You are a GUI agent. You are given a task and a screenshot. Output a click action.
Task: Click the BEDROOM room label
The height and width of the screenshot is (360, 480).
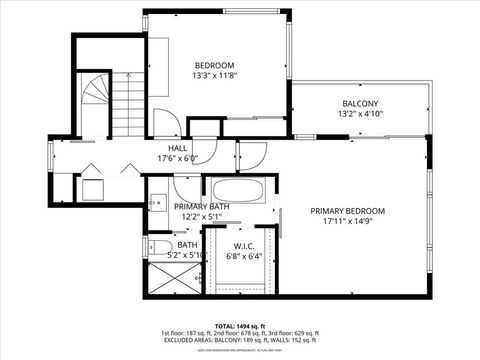pyautogui.click(x=214, y=65)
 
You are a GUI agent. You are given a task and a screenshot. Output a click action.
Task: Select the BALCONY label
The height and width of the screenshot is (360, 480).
pyautogui.click(x=360, y=103)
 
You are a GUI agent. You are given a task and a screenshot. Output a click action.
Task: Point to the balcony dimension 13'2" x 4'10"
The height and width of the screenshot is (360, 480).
pyautogui.click(x=360, y=114)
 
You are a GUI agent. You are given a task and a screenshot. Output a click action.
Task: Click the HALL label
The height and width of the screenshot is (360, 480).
pyautogui.click(x=178, y=148)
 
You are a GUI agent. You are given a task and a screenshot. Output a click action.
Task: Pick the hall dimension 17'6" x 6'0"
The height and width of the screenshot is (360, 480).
pyautogui.click(x=178, y=158)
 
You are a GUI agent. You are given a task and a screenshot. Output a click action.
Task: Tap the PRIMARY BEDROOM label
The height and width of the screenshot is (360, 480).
pyautogui.click(x=347, y=211)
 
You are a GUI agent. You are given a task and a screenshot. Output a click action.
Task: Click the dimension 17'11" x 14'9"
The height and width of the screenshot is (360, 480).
pyautogui.click(x=347, y=222)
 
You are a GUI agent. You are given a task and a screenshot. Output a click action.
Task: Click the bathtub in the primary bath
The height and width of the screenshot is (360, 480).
pyautogui.click(x=238, y=190)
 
